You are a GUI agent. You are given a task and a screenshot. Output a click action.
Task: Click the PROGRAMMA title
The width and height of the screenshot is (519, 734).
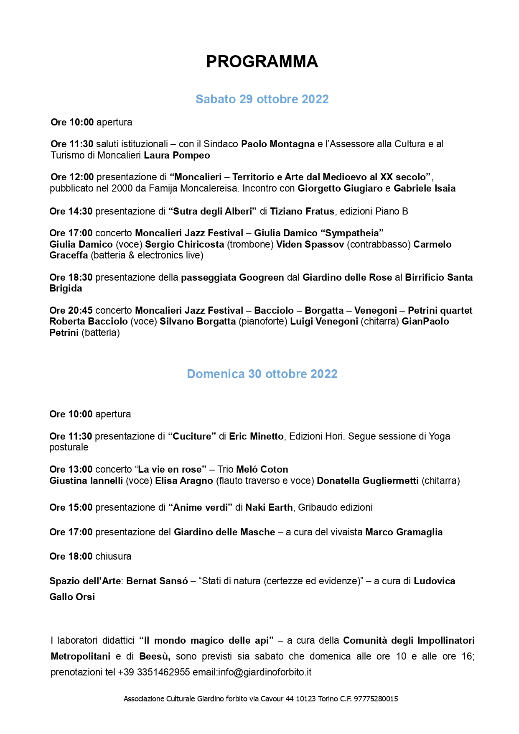[262, 62]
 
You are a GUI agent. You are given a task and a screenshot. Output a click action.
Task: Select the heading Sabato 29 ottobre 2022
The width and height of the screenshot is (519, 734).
[262, 99]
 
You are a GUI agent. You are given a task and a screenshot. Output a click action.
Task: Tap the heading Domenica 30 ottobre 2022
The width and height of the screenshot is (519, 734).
[262, 374]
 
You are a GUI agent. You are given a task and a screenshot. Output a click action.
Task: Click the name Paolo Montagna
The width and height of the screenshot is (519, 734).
[278, 144]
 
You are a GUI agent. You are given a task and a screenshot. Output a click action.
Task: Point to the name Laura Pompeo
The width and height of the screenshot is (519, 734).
[177, 156]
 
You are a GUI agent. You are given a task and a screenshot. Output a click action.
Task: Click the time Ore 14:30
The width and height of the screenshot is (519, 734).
[71, 212]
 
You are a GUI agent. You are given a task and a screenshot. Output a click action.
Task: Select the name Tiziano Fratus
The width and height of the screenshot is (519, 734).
[302, 212]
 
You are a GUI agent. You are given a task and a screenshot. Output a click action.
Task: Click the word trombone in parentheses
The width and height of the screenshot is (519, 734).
[250, 244]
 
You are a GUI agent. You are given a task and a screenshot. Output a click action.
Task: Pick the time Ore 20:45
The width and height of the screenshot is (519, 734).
[71, 311]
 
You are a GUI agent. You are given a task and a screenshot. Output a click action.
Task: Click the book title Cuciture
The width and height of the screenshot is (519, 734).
[192, 437]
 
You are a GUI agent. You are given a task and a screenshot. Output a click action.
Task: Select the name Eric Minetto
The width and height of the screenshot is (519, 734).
[256, 437]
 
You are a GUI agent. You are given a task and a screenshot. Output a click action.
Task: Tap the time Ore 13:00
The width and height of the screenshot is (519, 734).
[71, 470]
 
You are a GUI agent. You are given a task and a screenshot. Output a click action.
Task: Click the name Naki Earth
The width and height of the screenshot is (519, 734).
[269, 508]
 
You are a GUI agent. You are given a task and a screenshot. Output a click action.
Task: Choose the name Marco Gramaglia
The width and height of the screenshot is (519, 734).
[404, 532]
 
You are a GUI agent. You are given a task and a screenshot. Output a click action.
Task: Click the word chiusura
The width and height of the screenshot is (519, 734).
[113, 557]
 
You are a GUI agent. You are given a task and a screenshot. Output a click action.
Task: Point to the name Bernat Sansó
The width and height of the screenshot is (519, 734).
[157, 581]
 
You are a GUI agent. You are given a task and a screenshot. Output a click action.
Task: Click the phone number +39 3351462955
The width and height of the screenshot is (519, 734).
[154, 673]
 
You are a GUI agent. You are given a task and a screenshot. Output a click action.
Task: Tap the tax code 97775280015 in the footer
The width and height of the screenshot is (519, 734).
[376, 699]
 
